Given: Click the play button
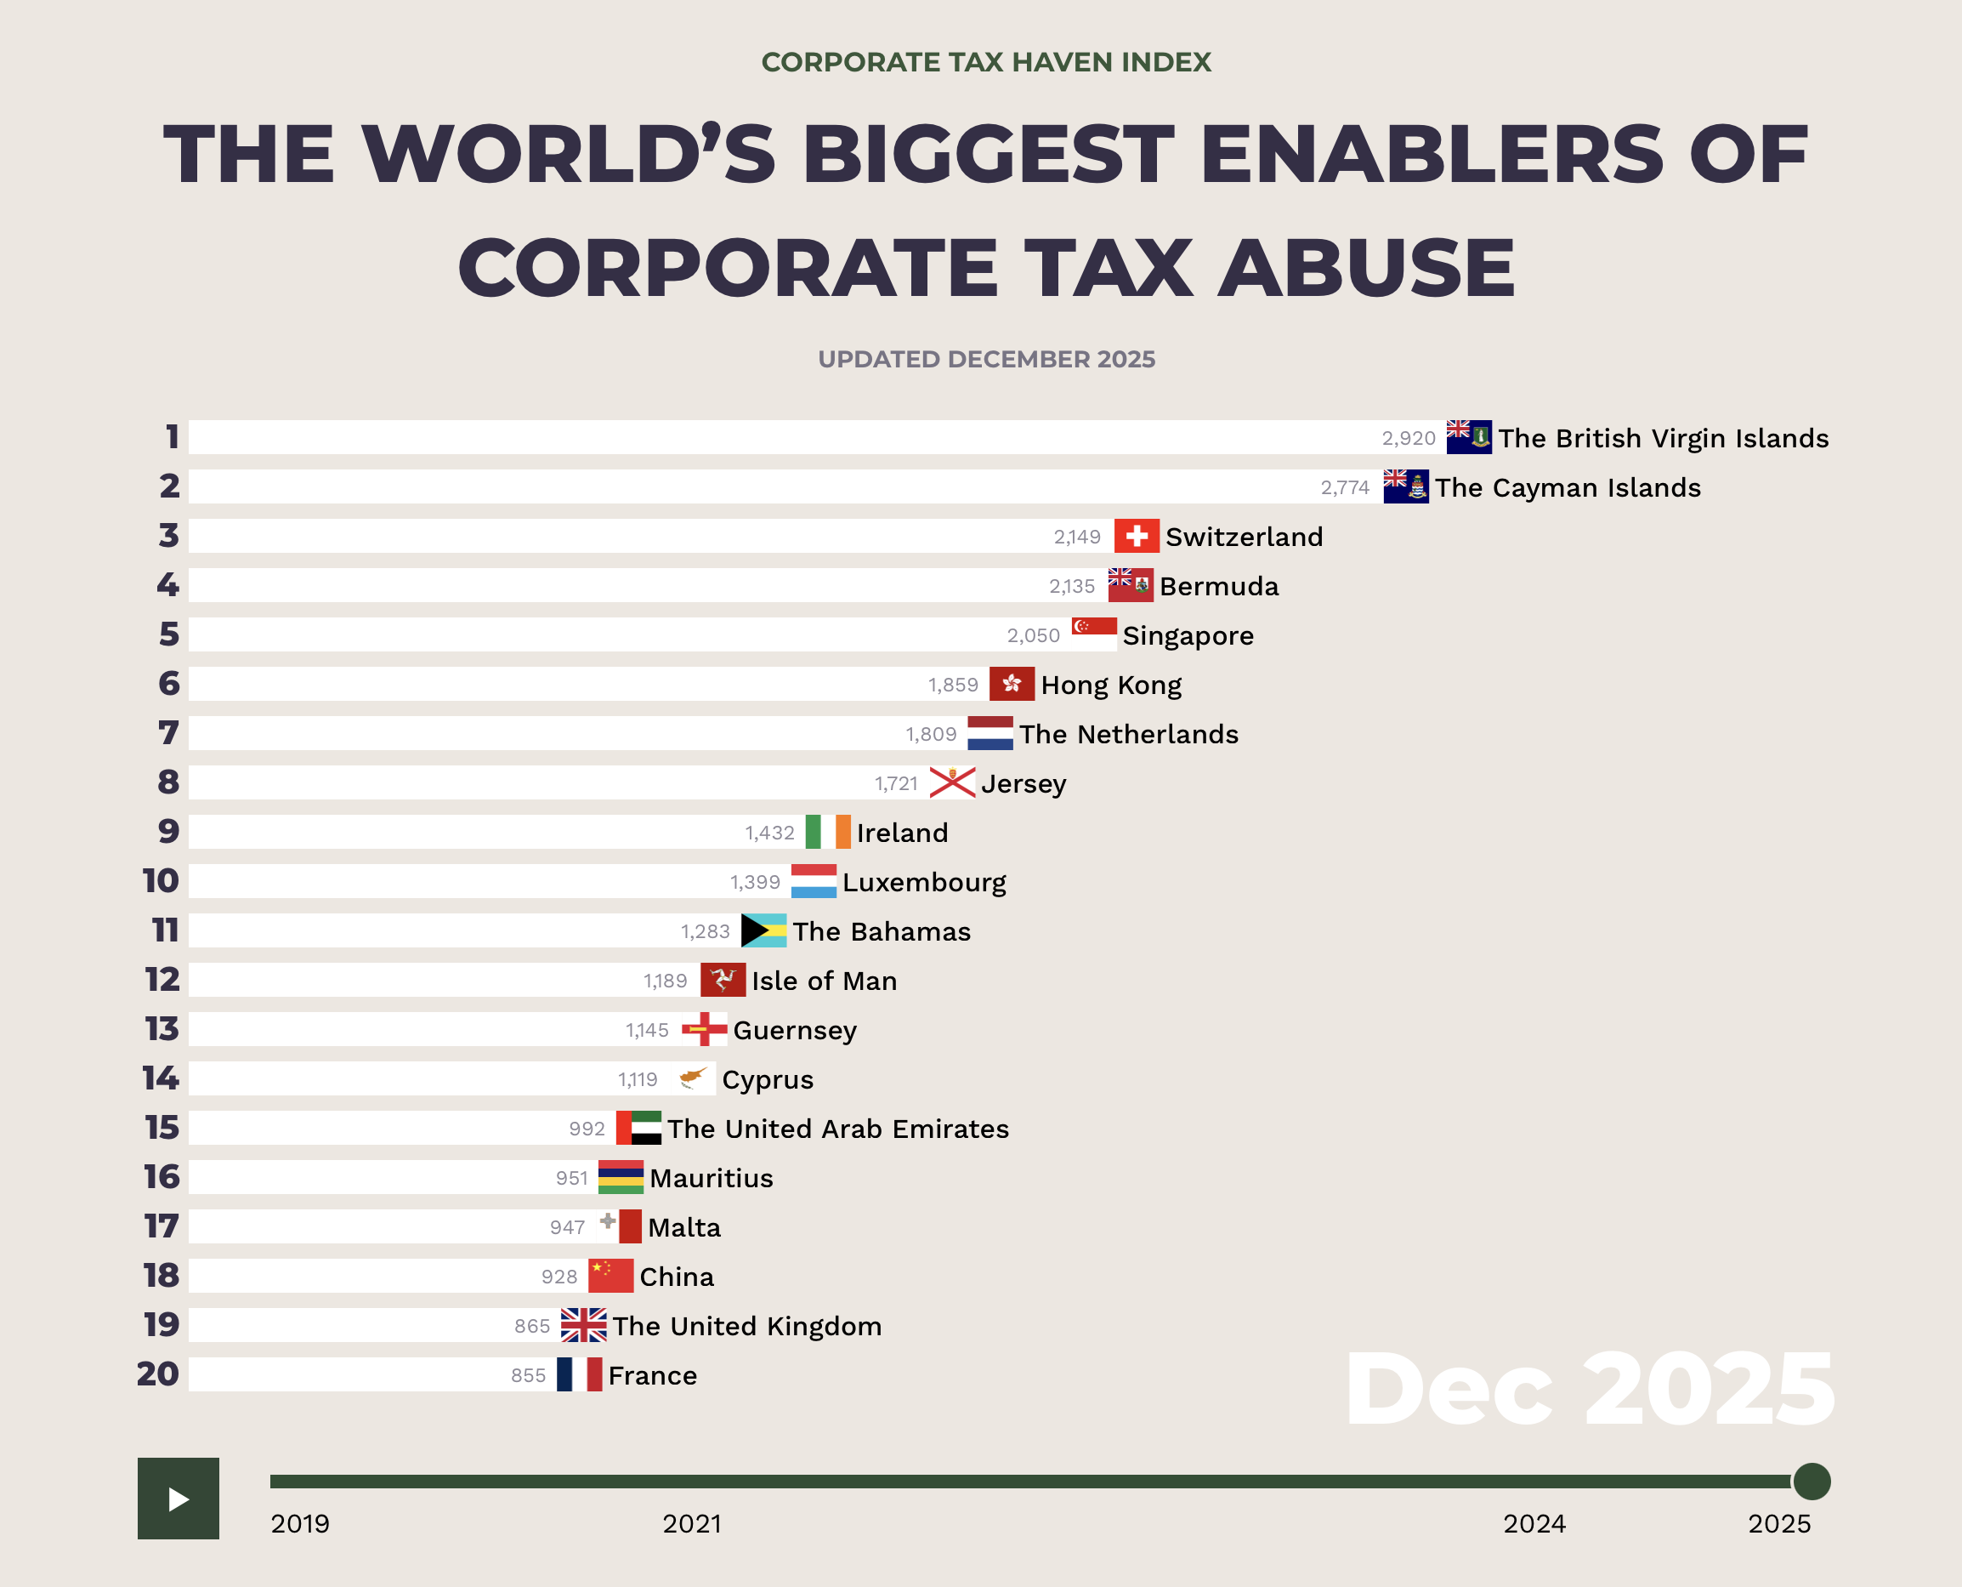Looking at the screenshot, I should (179, 1499).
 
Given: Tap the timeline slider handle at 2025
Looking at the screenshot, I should (1812, 1481).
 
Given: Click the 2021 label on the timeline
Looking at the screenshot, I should (692, 1524).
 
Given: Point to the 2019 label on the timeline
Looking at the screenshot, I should (300, 1524).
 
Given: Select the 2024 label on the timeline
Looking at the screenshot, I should (1534, 1524).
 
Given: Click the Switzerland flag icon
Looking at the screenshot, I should (1136, 536).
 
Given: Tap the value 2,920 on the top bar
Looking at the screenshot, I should (1409, 438).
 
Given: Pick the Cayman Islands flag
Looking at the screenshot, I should (1405, 486).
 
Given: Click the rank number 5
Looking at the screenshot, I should (169, 634).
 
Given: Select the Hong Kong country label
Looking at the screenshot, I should (1110, 685).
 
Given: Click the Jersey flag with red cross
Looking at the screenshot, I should (951, 782).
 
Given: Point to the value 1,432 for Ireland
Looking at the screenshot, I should (769, 833).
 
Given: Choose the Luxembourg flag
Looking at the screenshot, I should (814, 881).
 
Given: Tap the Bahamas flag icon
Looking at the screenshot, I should (763, 930).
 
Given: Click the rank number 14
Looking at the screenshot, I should (161, 1078).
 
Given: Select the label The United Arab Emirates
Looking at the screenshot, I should (838, 1129).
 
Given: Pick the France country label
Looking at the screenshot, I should (653, 1376).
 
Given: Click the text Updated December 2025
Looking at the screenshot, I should (986, 359).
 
